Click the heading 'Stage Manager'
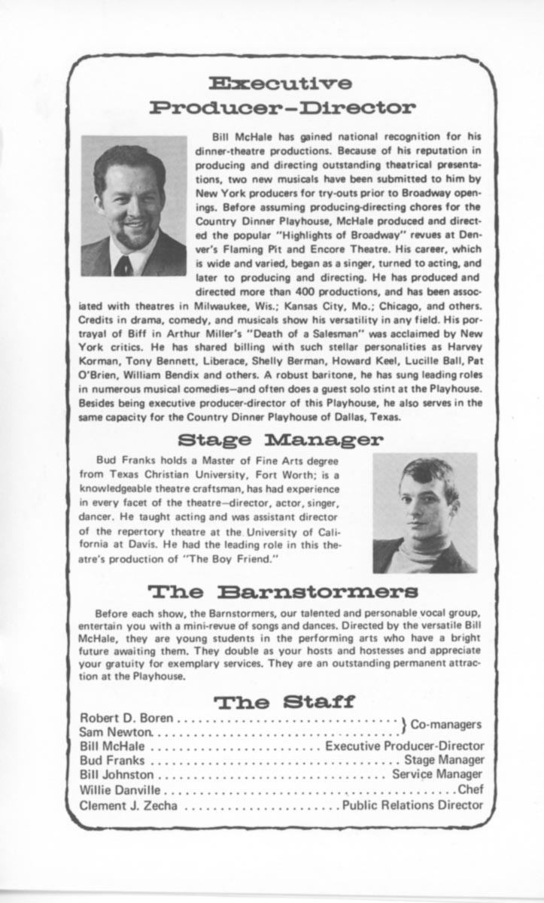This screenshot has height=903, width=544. pyautogui.click(x=280, y=438)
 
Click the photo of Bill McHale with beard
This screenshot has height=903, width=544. pyautogui.click(x=133, y=206)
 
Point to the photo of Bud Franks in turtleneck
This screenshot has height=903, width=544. pyautogui.click(x=424, y=513)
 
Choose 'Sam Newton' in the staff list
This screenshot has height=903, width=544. pyautogui.click(x=117, y=731)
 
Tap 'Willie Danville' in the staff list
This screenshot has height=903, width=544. pyautogui.click(x=120, y=789)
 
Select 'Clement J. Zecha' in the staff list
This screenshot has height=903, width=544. pyautogui.click(x=129, y=804)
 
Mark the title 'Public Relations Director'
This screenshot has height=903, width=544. pyautogui.click(x=412, y=804)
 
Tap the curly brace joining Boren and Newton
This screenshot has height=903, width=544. pyautogui.click(x=403, y=724)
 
